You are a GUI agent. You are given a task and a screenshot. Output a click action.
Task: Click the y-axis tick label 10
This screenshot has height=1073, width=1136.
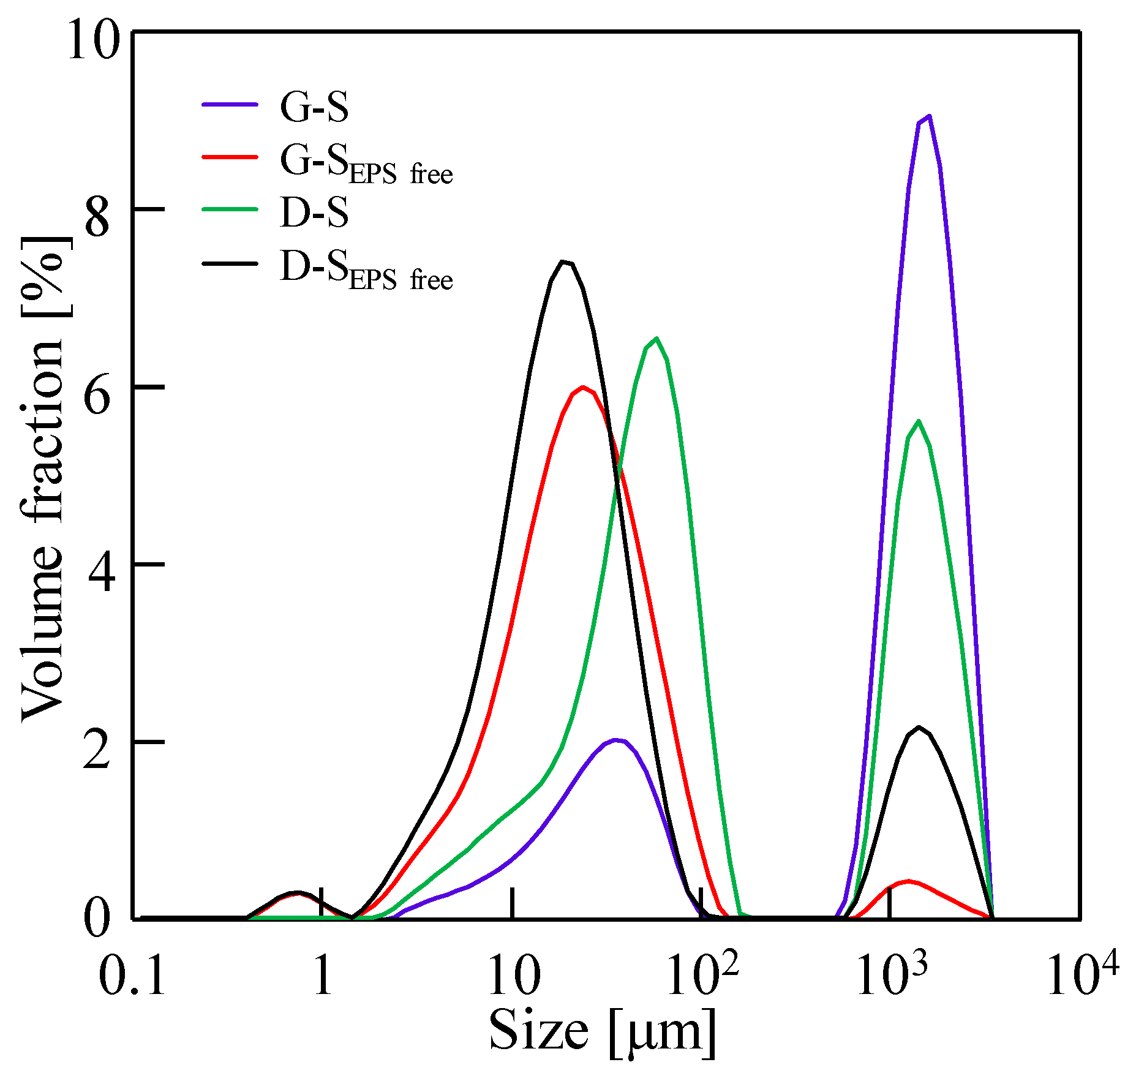92,40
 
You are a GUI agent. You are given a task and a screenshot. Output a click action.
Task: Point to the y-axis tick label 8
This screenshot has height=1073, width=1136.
97,218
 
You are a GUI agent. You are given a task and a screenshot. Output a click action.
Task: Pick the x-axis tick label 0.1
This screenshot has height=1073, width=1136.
132,976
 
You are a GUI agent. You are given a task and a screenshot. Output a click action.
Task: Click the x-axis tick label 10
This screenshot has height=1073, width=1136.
513,976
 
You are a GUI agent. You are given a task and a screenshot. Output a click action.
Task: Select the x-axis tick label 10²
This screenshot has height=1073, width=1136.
702,974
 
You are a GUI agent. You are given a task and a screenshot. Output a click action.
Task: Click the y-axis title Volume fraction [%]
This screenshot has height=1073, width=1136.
43,478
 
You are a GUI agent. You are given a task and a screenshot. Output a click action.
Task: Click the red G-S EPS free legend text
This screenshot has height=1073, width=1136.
366,164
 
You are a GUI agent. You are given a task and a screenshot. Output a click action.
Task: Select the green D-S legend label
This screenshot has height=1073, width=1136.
314,212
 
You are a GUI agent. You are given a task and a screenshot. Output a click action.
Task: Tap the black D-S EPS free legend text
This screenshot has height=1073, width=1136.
366,269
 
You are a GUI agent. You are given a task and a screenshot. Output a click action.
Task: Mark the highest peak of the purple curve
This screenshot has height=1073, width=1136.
929,116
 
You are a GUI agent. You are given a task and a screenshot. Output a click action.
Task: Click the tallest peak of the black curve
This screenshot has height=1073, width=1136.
563,262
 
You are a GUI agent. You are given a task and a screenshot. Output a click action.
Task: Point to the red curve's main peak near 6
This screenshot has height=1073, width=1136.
582,387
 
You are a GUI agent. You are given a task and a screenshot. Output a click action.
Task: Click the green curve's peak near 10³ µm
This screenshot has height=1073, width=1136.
918,421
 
